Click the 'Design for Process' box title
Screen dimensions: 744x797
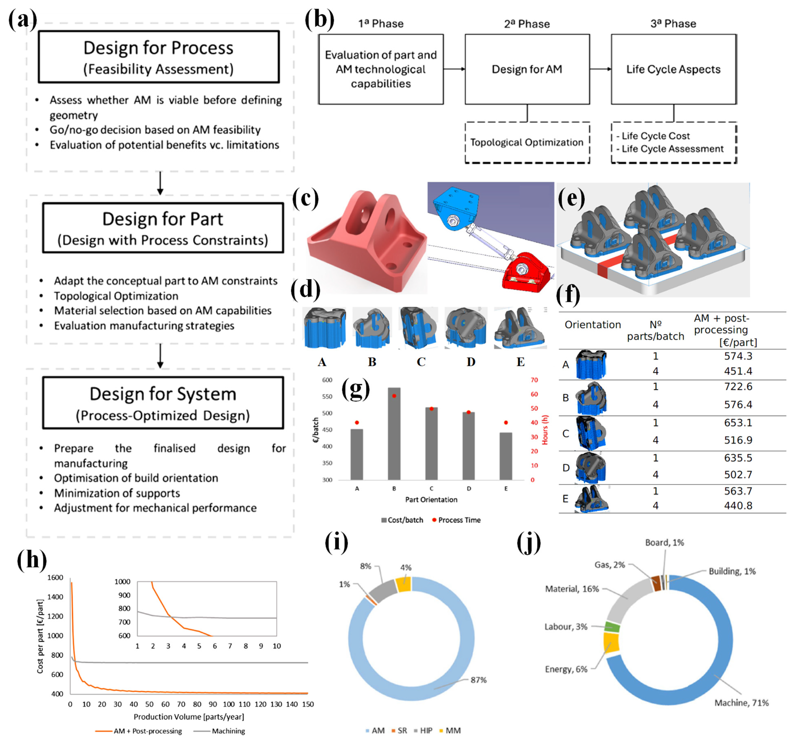click(158, 48)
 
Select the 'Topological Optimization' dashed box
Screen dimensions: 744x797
click(527, 143)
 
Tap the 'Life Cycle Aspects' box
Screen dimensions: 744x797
click(674, 69)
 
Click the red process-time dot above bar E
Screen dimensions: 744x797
click(506, 422)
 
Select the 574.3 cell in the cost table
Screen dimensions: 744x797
click(738, 356)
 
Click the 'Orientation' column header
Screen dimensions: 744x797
click(593, 325)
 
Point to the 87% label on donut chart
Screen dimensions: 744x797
click(478, 680)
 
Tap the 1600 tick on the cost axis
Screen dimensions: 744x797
click(55, 577)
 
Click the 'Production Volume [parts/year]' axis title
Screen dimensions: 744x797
click(189, 716)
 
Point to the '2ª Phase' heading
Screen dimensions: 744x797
click(527, 24)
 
